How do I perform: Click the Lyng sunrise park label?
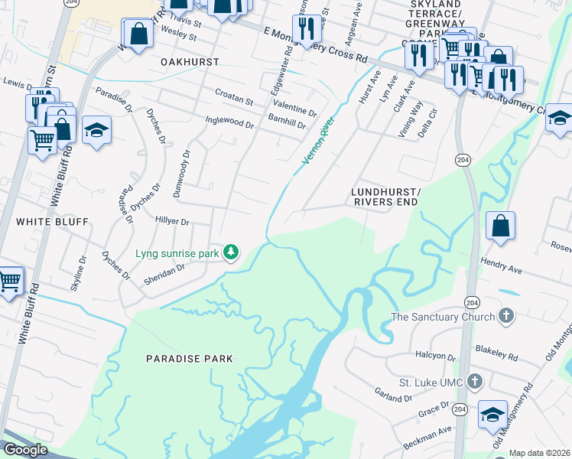(177, 252)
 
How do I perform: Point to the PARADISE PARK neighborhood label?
(190, 358)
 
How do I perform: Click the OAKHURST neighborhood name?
(190, 61)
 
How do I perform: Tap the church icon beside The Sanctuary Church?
(506, 315)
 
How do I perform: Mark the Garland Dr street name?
(395, 396)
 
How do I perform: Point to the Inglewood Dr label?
(229, 121)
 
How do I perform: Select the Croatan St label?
(234, 100)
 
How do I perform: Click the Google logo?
(25, 450)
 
